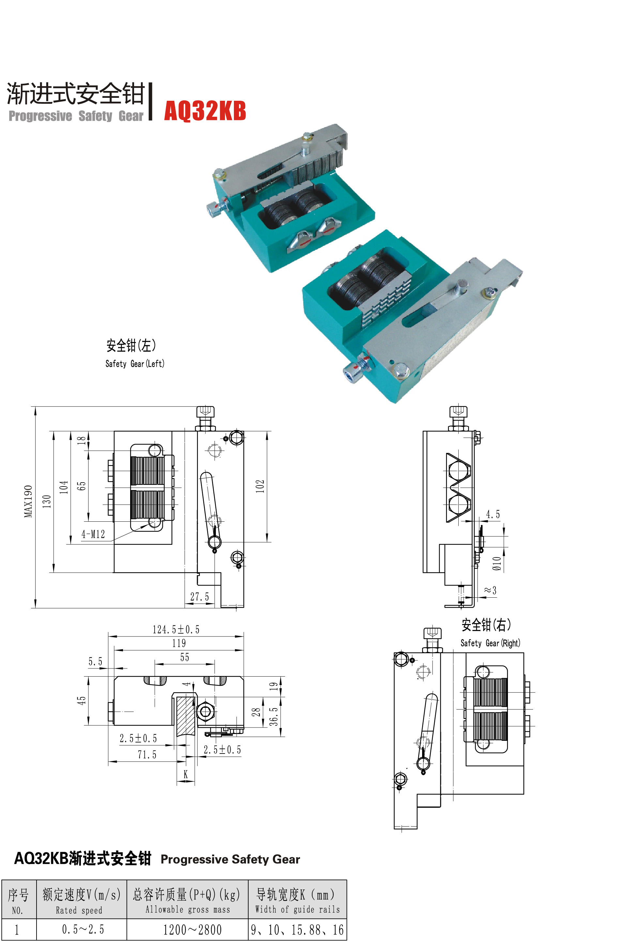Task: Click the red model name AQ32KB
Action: tap(205, 111)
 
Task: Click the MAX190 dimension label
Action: tap(28, 501)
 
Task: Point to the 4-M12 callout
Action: tap(93, 534)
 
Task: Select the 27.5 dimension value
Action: tap(199, 596)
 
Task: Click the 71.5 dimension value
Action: tap(147, 755)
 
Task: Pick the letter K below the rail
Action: tap(186, 774)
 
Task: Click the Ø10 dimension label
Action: tap(496, 563)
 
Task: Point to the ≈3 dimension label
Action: tap(490, 590)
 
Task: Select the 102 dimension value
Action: tap(260, 486)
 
